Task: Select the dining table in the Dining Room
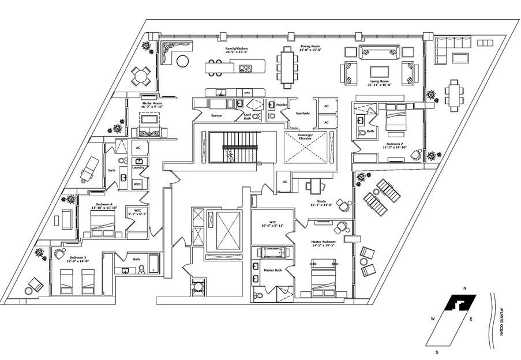(x=287, y=66)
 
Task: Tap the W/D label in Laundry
(x=137, y=184)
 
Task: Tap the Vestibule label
(x=302, y=113)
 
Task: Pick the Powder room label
(x=282, y=105)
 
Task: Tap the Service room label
(x=217, y=115)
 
